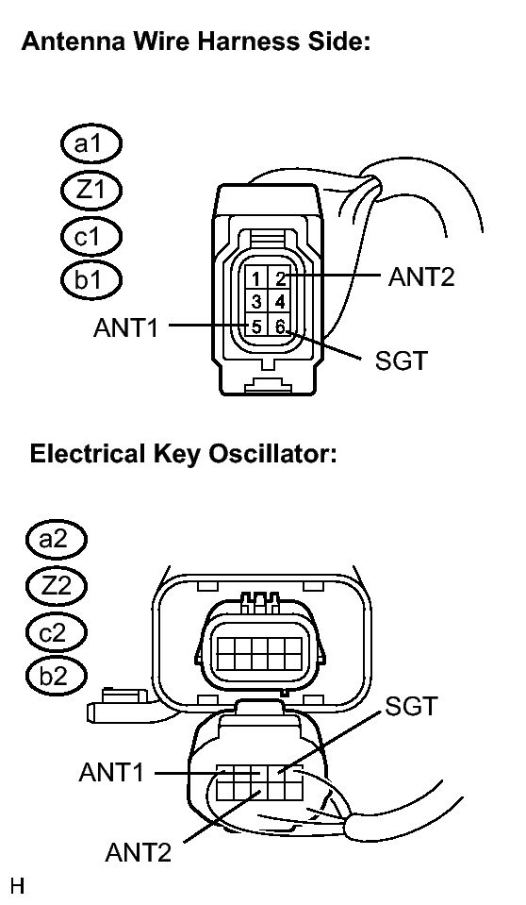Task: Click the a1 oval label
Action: coord(91,143)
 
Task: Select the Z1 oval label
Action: coord(91,190)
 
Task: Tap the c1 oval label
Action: coord(91,236)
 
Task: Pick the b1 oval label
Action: coord(91,280)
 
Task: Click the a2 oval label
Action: coord(56,540)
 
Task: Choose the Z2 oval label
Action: coord(56,586)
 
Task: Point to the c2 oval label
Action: coord(56,632)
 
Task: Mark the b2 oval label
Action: coord(56,676)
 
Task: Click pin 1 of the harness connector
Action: coord(256,278)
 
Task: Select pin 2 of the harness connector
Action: coord(280,278)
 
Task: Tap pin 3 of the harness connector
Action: coord(256,302)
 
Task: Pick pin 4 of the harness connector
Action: coord(280,302)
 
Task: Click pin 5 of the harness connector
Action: coord(256,327)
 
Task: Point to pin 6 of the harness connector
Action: coord(280,327)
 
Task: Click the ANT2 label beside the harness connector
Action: coord(421,277)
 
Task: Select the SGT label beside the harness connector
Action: coord(401,360)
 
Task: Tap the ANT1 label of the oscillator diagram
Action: coord(111,772)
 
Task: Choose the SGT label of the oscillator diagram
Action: coord(412,706)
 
